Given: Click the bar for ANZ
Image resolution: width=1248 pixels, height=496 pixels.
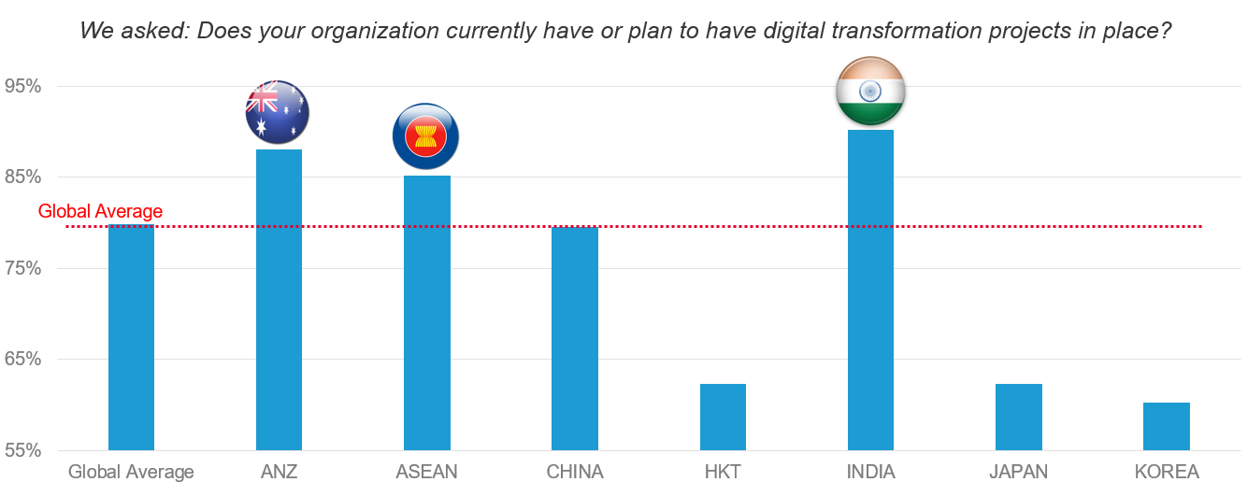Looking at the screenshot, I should [279, 299].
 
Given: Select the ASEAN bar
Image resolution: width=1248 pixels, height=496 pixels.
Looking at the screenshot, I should [426, 312].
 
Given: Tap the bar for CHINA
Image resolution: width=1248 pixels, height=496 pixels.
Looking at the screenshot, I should [574, 338].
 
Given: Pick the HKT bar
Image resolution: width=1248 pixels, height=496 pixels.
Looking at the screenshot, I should [723, 417].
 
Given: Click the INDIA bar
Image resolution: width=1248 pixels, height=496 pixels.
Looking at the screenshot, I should [870, 290].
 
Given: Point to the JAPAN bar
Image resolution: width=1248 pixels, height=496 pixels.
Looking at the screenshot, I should [1018, 417].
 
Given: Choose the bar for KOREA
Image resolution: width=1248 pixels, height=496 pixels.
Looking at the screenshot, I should [1166, 426].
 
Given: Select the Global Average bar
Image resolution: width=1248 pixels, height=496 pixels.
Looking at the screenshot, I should [131, 337].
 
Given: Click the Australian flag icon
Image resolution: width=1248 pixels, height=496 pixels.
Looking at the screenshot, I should [277, 112].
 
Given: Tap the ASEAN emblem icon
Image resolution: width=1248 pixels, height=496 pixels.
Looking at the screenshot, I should [425, 136].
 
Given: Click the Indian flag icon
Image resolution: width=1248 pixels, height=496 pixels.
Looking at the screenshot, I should [870, 91].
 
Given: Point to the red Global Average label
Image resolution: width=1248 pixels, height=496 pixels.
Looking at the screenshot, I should [100, 212].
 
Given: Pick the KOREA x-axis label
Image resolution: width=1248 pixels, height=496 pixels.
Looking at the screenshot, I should [1166, 472].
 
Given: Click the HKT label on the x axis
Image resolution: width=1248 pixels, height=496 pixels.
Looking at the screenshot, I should [723, 472].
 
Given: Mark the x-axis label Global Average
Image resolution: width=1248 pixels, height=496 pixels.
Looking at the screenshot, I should [131, 472].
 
